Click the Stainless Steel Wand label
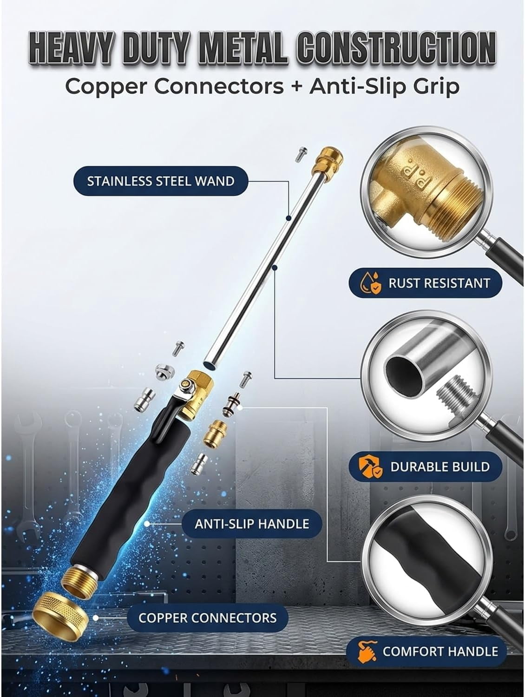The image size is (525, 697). [161, 181]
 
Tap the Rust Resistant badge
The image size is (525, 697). [425, 283]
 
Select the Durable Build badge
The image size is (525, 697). [425, 467]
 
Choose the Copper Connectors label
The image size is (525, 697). [208, 618]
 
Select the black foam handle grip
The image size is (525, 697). [130, 495]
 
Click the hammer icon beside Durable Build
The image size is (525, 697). [370, 467]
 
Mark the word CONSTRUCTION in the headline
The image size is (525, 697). [396, 48]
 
